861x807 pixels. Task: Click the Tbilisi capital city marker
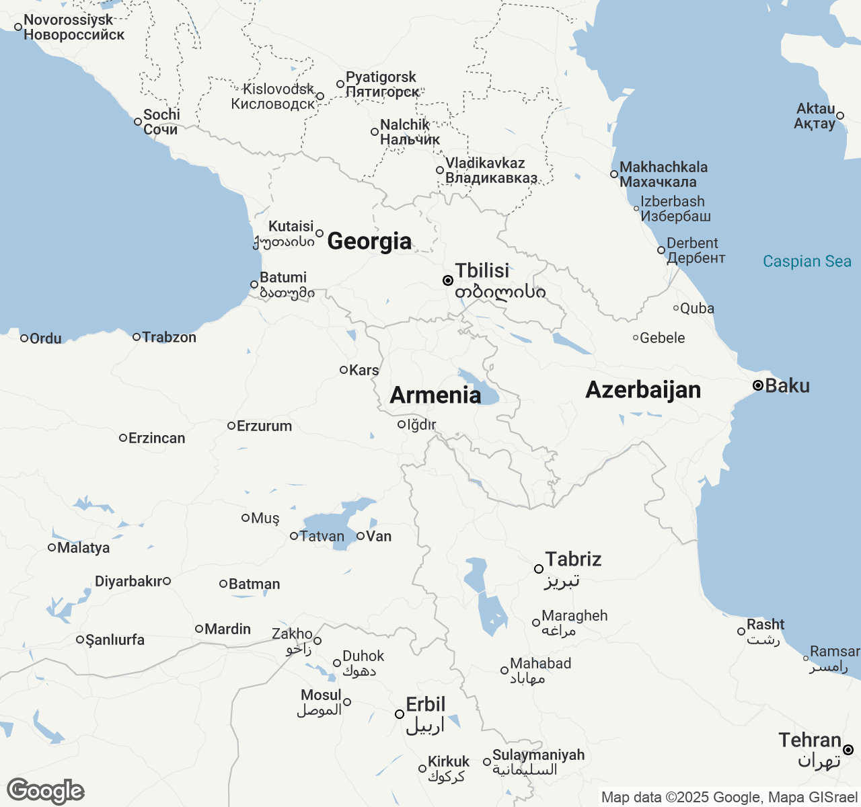(447, 280)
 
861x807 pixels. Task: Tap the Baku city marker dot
(757, 385)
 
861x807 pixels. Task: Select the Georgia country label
(369, 241)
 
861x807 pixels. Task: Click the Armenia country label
(435, 395)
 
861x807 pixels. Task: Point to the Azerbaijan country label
(643, 390)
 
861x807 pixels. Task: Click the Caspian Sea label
(807, 262)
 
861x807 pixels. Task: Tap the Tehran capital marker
(848, 750)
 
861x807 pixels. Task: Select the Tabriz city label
(572, 560)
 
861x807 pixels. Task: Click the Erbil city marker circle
(400, 714)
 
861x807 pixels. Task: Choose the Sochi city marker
(138, 122)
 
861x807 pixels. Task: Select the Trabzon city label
(169, 337)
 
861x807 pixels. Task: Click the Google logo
(45, 791)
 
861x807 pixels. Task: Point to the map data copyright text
(729, 798)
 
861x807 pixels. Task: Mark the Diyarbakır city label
(128, 581)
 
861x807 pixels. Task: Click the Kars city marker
(344, 370)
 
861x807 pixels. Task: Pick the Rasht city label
(765, 625)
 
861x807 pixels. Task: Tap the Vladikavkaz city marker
(440, 170)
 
